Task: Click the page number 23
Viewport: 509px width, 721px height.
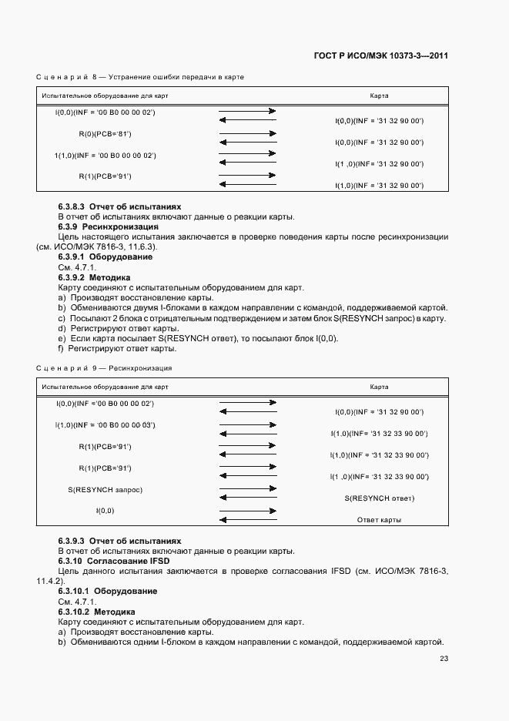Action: click(444, 659)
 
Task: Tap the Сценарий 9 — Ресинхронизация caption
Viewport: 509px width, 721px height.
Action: click(104, 369)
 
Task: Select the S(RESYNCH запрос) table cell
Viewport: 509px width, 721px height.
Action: click(105, 489)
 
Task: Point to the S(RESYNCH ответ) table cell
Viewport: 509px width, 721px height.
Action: click(379, 498)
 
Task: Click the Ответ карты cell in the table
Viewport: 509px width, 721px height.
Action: click(379, 520)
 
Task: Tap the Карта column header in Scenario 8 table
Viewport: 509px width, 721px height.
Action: click(379, 96)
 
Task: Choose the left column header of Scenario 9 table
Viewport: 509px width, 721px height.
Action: click(105, 386)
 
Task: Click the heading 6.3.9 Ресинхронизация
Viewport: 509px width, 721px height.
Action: click(109, 227)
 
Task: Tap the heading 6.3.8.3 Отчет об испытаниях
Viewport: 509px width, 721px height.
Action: click(119, 207)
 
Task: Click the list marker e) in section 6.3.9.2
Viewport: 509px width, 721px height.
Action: click(62, 338)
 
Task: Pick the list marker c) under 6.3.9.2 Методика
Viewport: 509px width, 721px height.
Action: click(62, 318)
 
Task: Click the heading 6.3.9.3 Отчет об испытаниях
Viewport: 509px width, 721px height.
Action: click(119, 541)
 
